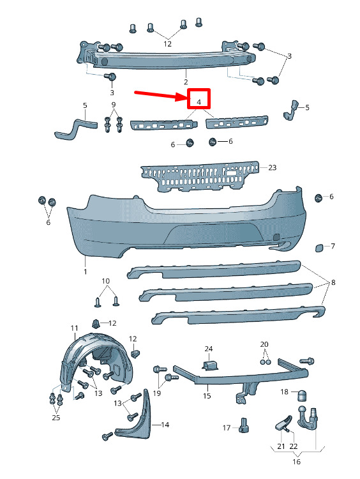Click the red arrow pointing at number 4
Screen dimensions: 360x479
tap(160, 96)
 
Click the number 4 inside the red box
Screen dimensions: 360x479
tap(199, 102)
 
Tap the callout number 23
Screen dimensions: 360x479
tap(273, 167)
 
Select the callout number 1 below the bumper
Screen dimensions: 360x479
tap(85, 271)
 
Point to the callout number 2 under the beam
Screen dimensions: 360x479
tap(186, 82)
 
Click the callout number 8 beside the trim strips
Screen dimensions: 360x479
tap(333, 282)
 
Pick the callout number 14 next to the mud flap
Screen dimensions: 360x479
tap(165, 425)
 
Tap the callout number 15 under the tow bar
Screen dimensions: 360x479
tap(207, 395)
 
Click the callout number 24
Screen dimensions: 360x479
tap(209, 349)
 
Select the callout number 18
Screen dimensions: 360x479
tap(284, 392)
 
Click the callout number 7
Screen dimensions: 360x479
tap(333, 246)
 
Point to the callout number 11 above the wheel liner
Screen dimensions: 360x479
tap(74, 328)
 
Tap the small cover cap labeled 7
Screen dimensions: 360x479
tap(320, 248)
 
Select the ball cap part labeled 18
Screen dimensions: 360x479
tap(302, 395)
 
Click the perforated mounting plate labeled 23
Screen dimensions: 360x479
tap(200, 176)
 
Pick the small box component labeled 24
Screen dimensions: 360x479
tap(210, 365)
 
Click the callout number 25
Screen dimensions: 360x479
tap(56, 417)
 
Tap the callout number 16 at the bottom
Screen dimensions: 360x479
tap(296, 461)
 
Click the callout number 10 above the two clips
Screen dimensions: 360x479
tap(106, 281)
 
